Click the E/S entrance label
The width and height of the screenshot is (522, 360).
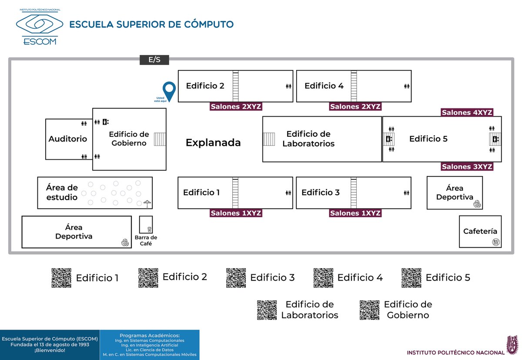pos(154,60)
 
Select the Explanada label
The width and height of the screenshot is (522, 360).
pos(213,143)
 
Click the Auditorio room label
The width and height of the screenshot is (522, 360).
pos(68,139)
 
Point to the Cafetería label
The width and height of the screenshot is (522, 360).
pos(480,231)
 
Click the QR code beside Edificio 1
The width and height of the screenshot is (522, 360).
pos(61,278)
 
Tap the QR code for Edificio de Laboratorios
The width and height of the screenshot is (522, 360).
pos(267,310)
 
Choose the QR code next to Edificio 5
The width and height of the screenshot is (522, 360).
pos(411,278)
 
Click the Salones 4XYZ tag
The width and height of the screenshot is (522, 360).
pos(467,113)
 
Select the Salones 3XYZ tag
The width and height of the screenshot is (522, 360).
pos(467,167)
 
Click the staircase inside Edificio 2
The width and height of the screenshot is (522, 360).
pos(236,86)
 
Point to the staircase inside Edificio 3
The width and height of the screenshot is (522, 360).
pos(354,192)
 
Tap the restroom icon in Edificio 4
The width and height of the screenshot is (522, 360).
pos(406,86)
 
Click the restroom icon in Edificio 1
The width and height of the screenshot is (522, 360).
pos(288,192)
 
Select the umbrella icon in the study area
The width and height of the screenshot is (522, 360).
pos(147,203)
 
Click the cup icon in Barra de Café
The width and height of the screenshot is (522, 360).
pos(149,229)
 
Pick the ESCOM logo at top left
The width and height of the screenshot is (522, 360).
pos(39,27)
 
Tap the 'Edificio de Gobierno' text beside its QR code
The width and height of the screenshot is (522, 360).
pos(408,310)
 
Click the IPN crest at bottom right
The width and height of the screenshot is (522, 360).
pos(513,345)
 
